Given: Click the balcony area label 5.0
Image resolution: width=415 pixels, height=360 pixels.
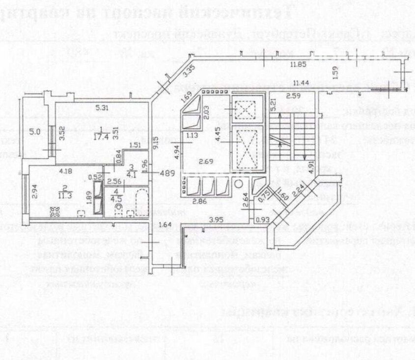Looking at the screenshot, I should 34,132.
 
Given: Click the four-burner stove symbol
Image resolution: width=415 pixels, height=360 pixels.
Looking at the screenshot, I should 54,212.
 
